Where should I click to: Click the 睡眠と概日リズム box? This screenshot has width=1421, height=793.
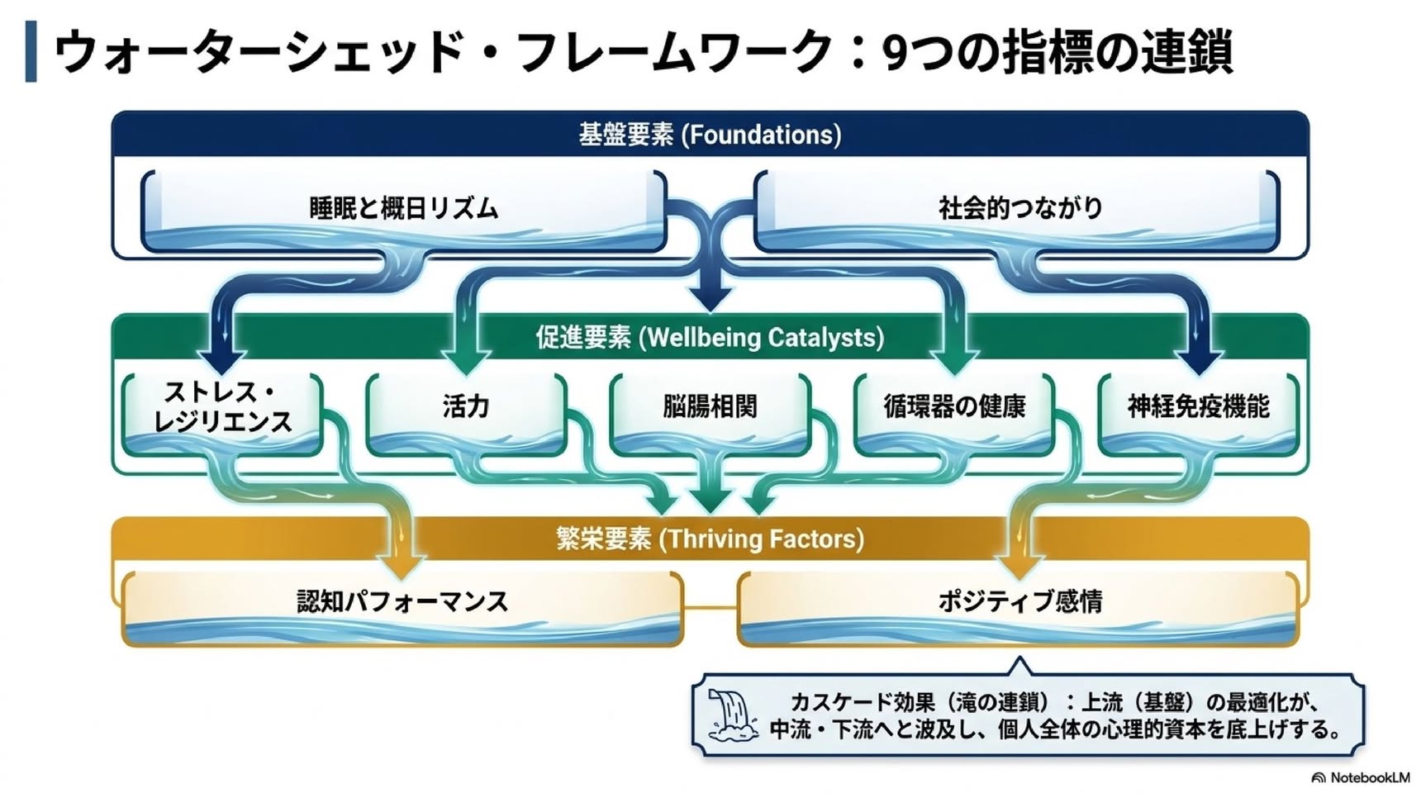click(403, 211)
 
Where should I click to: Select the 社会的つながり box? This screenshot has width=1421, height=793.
click(1017, 211)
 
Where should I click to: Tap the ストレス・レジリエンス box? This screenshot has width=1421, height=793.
click(222, 415)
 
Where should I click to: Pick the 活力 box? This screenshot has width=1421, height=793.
click(466, 415)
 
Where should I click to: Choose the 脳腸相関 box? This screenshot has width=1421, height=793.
click(710, 415)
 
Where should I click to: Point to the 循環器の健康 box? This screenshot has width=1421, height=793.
click(954, 415)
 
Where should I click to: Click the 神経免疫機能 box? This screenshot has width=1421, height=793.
click(1198, 415)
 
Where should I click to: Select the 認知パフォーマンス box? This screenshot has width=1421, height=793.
click(402, 609)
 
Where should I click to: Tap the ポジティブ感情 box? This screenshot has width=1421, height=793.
click(1018, 609)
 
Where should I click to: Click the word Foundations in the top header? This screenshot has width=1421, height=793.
click(761, 135)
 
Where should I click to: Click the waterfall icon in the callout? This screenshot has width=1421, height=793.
click(732, 715)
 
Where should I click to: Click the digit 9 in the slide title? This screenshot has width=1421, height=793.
click(896, 52)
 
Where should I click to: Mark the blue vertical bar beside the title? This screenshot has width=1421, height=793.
click(31, 51)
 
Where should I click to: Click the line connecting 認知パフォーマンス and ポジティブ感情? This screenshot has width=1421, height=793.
click(710, 608)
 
